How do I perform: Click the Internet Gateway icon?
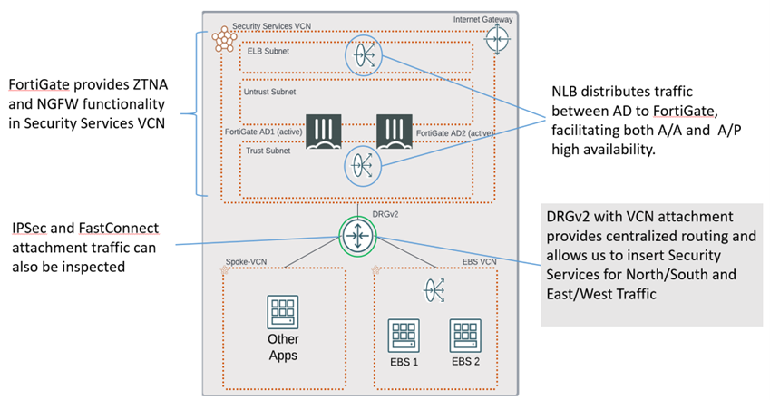click(497, 40)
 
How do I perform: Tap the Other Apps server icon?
click(283, 313)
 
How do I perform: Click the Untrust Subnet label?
click(271, 93)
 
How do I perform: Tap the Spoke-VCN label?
click(249, 261)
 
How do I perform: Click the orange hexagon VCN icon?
click(220, 38)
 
